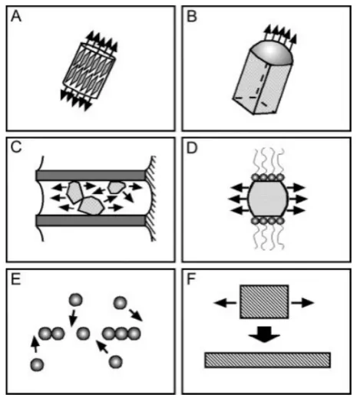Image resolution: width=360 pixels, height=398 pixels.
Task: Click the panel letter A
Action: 16,16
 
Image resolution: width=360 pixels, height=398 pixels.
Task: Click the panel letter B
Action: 192,16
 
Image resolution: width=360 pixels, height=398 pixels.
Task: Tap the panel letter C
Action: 16,147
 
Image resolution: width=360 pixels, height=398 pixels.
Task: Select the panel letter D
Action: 192,148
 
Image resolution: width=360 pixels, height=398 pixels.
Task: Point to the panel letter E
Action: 15,279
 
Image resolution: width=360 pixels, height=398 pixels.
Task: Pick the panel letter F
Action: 191,279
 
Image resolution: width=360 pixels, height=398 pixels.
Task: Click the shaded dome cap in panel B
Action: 271,52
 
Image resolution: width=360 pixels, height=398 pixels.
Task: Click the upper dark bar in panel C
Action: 91,176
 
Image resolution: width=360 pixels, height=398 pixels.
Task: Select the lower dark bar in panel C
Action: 91,220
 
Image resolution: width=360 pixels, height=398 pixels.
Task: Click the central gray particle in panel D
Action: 268,199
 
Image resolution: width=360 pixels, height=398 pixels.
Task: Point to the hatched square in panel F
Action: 264,301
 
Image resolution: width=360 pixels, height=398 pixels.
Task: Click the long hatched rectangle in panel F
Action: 268,360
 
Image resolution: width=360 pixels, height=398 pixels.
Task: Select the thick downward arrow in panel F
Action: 264,334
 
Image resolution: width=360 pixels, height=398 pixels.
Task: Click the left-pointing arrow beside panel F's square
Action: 225,303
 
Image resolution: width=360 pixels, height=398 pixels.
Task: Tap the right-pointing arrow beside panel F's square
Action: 302,303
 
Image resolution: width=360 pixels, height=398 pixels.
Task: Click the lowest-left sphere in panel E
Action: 37,364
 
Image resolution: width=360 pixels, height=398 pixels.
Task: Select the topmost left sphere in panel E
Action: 76,300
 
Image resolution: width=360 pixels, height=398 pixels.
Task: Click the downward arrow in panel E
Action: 73,318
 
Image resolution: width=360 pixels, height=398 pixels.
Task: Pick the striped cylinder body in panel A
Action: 89,71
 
